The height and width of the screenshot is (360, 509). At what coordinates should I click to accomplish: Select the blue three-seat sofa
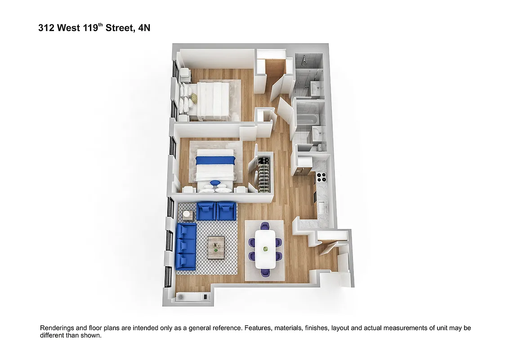tap(186, 246)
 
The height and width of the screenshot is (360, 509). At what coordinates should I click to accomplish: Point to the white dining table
tap(265, 249)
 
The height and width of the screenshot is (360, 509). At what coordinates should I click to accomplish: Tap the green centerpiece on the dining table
tap(265, 249)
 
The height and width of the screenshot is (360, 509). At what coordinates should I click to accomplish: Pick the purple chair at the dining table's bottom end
tap(265, 272)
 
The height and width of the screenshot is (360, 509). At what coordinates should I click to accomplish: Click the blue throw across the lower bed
tap(215, 160)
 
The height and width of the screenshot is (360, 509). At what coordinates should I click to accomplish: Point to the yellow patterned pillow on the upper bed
tap(194, 98)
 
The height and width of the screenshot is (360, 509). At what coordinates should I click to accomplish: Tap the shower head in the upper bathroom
tap(304, 58)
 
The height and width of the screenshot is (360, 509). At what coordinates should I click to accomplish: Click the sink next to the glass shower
tap(316, 88)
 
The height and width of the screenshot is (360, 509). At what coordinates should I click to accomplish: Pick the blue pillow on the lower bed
tap(215, 183)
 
